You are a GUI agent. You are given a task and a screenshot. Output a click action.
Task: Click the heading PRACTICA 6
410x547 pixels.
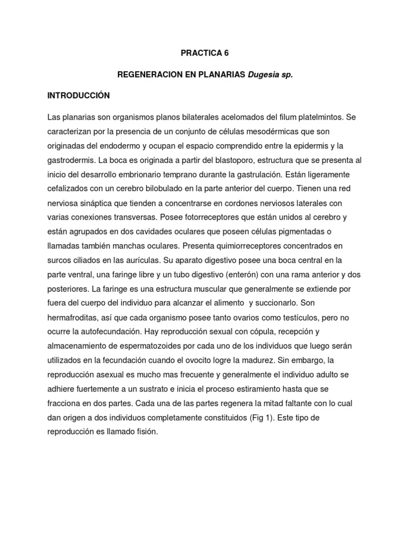tap(205, 53)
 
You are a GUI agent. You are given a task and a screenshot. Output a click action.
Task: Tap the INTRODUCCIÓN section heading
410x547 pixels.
tap(78, 96)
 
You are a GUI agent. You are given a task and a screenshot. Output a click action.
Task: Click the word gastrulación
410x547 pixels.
tap(251, 174)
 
